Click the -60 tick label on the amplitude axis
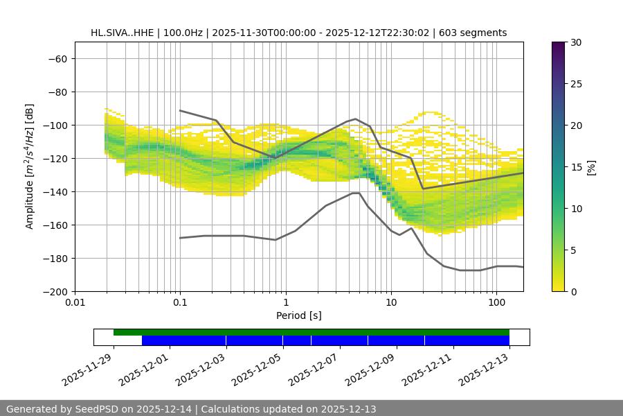[57, 59]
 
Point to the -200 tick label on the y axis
[54, 292]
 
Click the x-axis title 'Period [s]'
[298, 315]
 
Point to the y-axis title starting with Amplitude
[30, 166]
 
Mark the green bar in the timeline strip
[311, 332]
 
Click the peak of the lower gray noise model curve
[356, 193]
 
